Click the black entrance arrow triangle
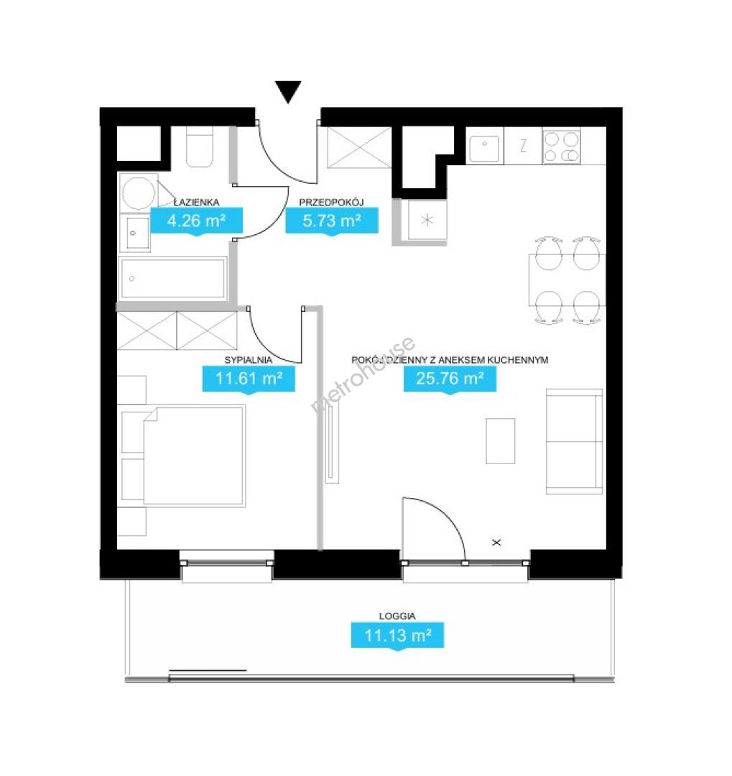pos(288,91)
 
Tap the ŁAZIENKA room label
pos(196,202)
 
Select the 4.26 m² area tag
pos(197,221)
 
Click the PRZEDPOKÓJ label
pos(331,202)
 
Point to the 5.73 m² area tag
pos(332,221)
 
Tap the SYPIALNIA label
pos(249,360)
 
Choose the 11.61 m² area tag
pos(249,379)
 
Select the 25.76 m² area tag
pos(450,379)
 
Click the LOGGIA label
pos(397,616)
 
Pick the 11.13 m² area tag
pos(397,635)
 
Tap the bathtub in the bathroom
pos(172,278)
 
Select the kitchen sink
pos(484,147)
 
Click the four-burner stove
pos(562,147)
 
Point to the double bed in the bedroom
pos(194,456)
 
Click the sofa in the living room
pos(575,441)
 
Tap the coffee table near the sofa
pos(501,441)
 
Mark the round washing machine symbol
pos(139,193)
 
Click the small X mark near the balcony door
pos(497,542)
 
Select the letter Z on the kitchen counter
pos(523,145)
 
